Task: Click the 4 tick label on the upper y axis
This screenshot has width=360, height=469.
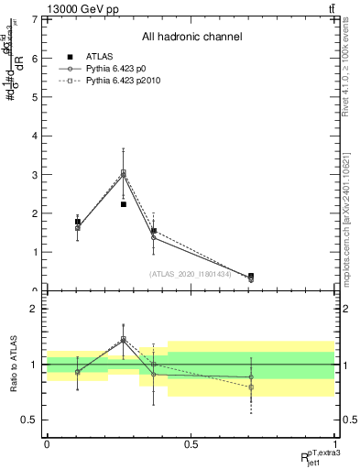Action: [36, 136]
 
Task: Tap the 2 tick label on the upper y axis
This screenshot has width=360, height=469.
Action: [36, 213]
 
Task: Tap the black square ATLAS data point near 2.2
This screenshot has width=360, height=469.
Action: [124, 204]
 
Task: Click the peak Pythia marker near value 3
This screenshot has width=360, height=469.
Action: [124, 172]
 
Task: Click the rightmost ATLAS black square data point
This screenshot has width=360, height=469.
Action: [251, 276]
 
